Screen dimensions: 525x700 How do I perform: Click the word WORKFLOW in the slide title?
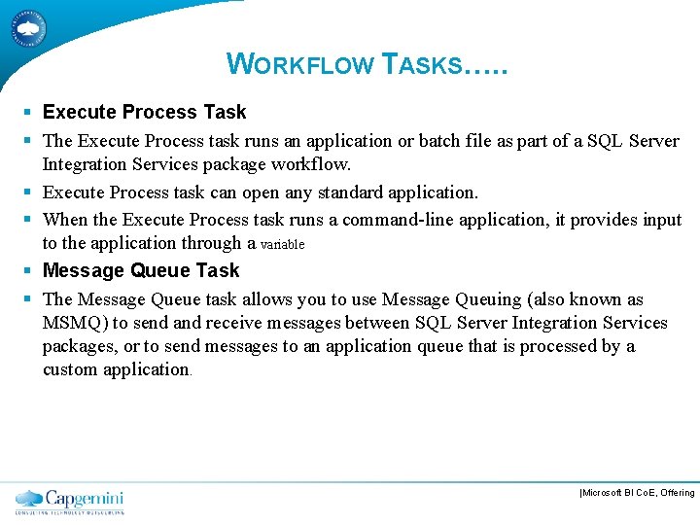pos(301,64)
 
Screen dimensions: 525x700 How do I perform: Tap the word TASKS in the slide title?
pos(422,64)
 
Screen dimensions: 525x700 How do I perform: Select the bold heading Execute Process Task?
pos(144,112)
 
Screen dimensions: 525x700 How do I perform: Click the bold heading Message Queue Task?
pos(141,270)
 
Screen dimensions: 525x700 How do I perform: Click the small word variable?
pos(283,245)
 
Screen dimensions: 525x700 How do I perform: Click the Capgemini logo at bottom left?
pos(70,501)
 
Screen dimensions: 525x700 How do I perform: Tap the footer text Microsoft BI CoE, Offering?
pos(637,493)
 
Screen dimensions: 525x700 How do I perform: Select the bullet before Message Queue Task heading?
pos(31,271)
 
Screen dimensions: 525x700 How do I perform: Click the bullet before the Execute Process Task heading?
pos(31,113)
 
